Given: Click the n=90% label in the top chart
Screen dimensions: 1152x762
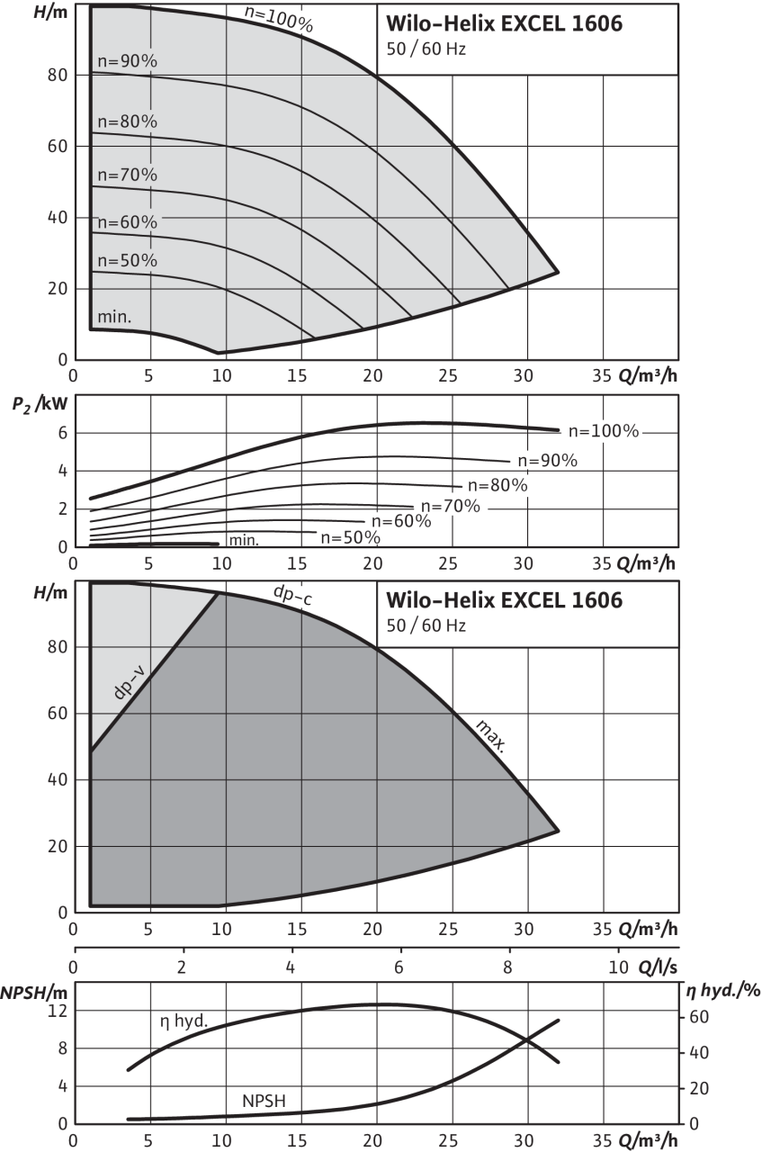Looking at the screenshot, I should (127, 59).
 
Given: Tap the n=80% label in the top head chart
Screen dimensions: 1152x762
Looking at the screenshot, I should (127, 121).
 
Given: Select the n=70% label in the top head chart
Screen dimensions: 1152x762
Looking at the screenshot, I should (127, 174).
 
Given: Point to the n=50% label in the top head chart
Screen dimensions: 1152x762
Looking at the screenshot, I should (127, 260).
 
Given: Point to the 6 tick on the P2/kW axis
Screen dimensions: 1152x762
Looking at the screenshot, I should (61, 432).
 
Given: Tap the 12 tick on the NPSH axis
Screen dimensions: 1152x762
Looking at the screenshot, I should (59, 1012).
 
